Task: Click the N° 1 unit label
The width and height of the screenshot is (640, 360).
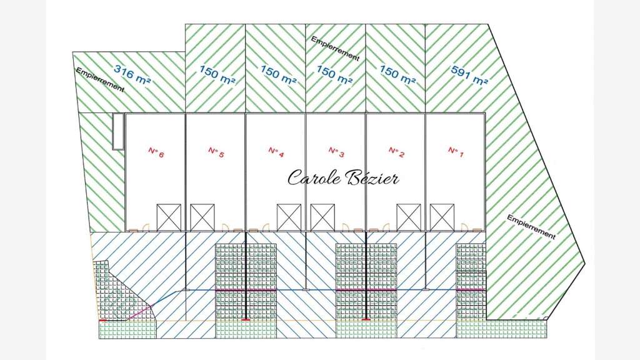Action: click(x=456, y=152)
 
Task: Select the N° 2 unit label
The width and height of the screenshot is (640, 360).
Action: click(x=396, y=152)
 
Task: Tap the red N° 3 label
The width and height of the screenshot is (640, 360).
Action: click(x=336, y=152)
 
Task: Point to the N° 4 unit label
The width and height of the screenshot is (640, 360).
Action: click(x=276, y=152)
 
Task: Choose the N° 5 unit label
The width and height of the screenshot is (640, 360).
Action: click(x=216, y=152)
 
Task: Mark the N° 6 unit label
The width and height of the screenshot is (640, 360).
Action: click(x=156, y=152)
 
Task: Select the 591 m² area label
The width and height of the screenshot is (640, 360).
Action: click(x=469, y=75)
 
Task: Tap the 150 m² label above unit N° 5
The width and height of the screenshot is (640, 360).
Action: click(x=217, y=74)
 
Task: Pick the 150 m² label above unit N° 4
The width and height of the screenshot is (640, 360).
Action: click(x=278, y=75)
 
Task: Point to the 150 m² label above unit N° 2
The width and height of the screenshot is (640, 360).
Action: click(x=397, y=74)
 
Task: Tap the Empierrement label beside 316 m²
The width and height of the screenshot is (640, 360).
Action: click(x=100, y=79)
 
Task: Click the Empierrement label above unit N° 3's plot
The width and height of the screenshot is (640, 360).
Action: click(x=335, y=49)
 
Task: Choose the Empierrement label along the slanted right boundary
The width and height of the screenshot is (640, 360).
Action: click(x=531, y=226)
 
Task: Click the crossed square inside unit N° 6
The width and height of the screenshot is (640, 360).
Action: click(x=169, y=217)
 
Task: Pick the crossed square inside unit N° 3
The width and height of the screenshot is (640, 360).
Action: click(x=322, y=217)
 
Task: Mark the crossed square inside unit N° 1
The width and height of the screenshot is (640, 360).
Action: click(x=442, y=217)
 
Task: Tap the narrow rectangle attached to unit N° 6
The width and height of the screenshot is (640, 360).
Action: click(x=118, y=131)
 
